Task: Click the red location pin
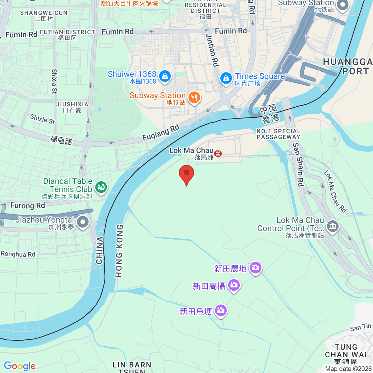[186, 174]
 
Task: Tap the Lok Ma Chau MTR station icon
[218, 153]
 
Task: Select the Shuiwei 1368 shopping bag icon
[165, 76]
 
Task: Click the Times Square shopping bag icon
[226, 78]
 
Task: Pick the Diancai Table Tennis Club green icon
[101, 187]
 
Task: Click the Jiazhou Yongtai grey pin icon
[83, 222]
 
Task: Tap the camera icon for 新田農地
[256, 267]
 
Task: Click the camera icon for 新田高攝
[234, 285]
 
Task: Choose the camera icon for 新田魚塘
[221, 310]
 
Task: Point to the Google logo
[20, 366]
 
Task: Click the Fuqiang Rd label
[161, 132]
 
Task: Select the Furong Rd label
[28, 205]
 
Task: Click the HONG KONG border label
[119, 251]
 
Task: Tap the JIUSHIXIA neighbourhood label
[72, 104]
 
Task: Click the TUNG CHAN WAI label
[346, 351]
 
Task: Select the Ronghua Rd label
[18, 254]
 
